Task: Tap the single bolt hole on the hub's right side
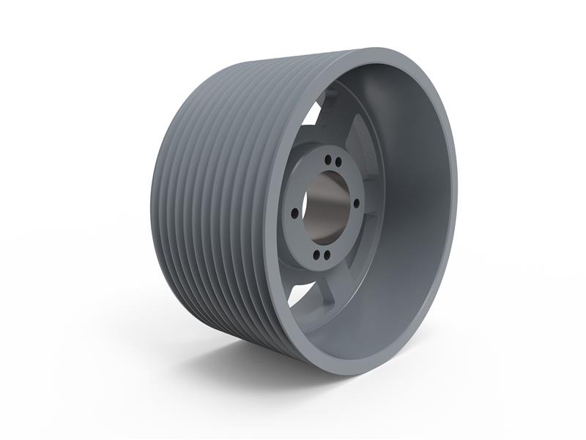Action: tap(357, 204)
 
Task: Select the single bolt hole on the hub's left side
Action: tap(294, 213)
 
